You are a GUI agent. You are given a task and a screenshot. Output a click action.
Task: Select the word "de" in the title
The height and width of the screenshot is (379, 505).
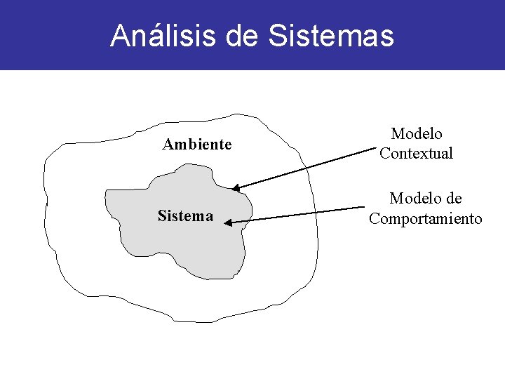(x=242, y=36)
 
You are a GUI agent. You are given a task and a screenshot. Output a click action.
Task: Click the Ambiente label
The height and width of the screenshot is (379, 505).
(x=197, y=145)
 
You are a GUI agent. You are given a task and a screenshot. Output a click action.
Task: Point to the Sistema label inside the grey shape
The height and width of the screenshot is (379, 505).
(x=185, y=216)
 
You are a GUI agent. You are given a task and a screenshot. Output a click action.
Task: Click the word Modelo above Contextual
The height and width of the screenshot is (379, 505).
(x=417, y=133)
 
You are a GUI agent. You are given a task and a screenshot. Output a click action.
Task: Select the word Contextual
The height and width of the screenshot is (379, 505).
(x=416, y=153)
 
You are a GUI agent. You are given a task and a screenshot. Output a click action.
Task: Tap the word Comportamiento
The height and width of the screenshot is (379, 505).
(x=426, y=219)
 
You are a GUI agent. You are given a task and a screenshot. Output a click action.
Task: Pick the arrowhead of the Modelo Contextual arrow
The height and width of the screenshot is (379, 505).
(x=236, y=188)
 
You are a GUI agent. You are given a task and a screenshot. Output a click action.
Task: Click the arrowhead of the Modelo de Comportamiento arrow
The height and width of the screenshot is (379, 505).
(x=229, y=222)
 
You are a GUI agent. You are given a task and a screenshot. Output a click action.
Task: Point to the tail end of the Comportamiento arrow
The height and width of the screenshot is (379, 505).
(x=363, y=208)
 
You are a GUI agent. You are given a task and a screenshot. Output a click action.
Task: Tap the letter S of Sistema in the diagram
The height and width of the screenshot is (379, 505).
(x=162, y=216)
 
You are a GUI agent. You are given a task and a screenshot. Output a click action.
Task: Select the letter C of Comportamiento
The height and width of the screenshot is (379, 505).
(x=374, y=219)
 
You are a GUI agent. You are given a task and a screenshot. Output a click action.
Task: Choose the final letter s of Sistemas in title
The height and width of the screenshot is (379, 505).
(x=388, y=36)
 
